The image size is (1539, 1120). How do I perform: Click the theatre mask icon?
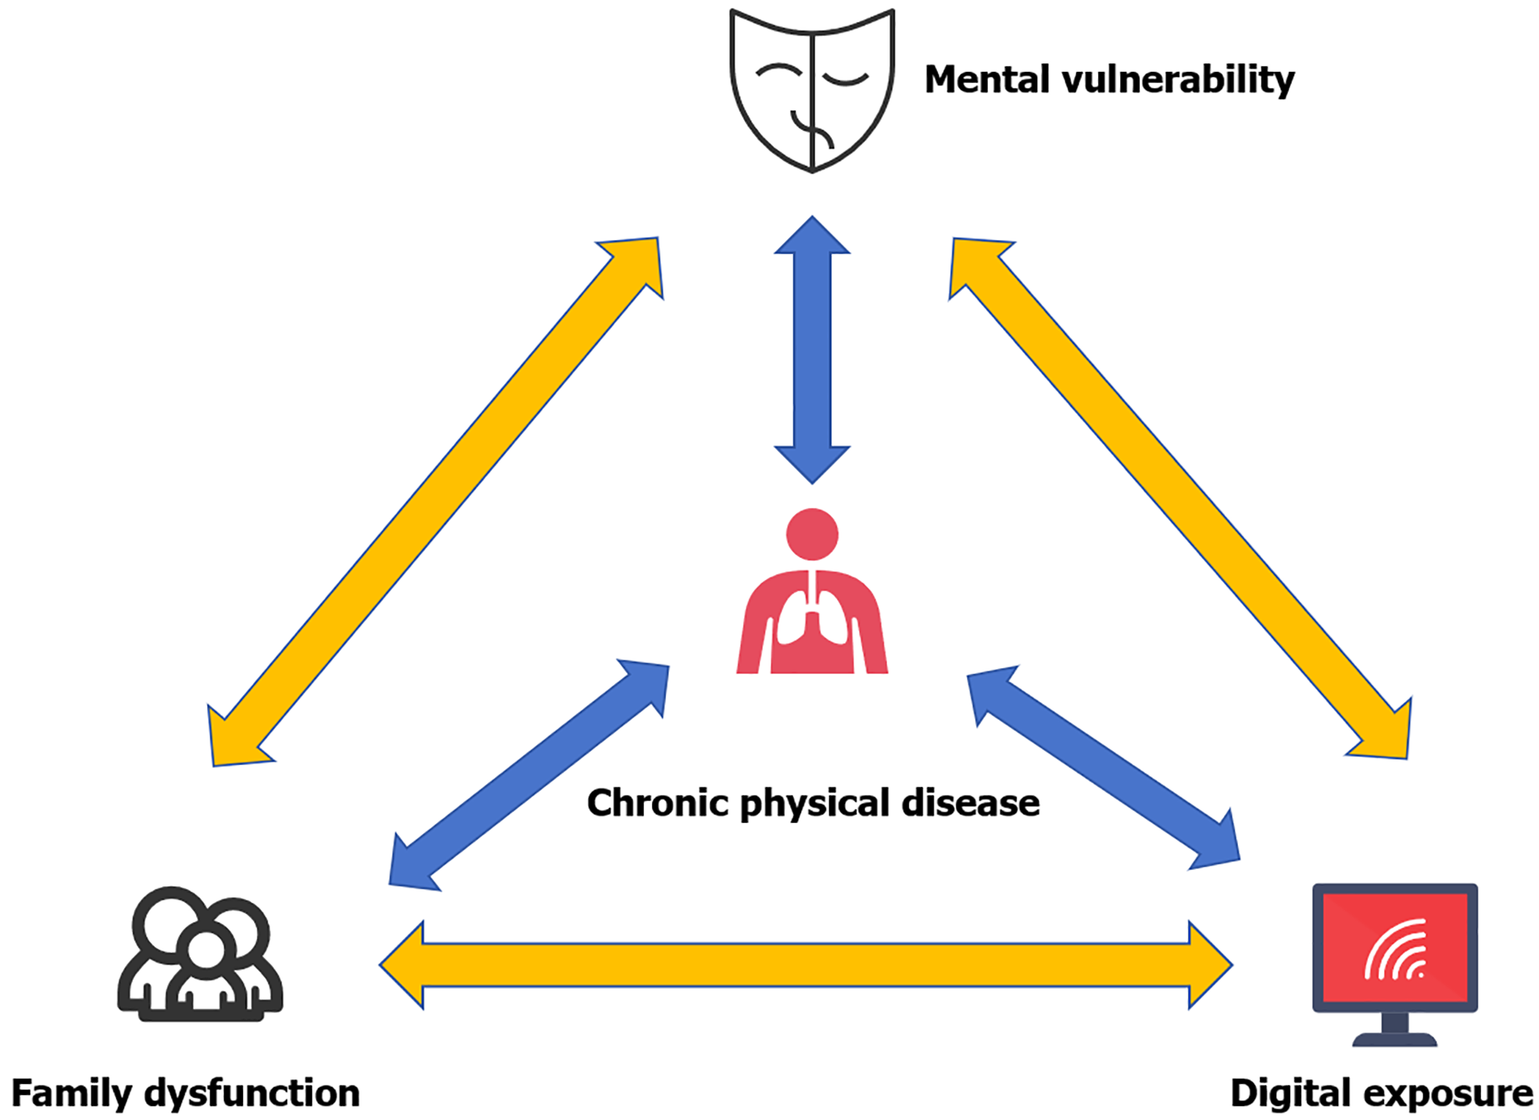pos(811,90)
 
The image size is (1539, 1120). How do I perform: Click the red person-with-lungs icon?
pos(811,602)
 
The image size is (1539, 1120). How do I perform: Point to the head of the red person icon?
pos(812,535)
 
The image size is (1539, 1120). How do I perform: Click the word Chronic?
pos(659,803)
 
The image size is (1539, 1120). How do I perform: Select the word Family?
pos(70,1093)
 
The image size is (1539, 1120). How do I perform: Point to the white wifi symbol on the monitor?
pos(1396,950)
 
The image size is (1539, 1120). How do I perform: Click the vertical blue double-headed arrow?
pos(812,350)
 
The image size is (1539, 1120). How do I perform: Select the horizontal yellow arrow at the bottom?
pos(805,965)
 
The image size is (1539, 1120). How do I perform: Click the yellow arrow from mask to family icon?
pos(435,502)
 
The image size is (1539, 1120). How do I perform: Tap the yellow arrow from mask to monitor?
pos(1179,499)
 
